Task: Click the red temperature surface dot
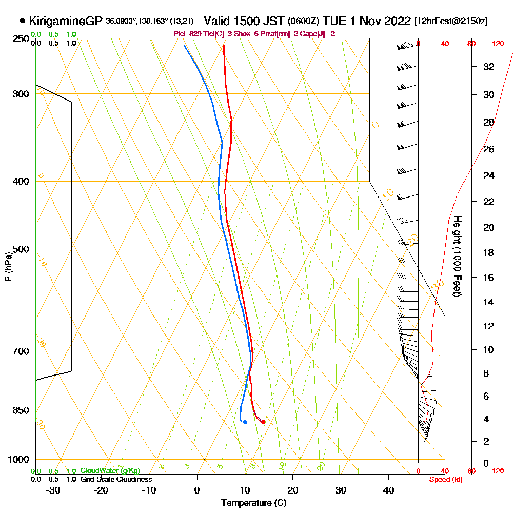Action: tap(263, 422)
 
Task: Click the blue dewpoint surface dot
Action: tap(245, 422)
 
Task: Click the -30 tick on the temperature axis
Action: tap(53, 490)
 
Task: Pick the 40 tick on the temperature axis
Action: tap(388, 490)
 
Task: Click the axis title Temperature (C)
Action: tap(253, 503)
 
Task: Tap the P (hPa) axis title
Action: tap(8, 267)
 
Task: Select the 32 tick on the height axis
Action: tap(488, 67)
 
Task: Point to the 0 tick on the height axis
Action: tap(486, 463)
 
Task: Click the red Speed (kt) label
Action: tap(444, 480)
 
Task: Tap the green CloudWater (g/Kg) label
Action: tap(110, 471)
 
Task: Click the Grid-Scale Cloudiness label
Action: tap(116, 479)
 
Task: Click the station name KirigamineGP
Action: tap(66, 21)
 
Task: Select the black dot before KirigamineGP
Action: tap(23, 21)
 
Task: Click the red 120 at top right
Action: tap(497, 44)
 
